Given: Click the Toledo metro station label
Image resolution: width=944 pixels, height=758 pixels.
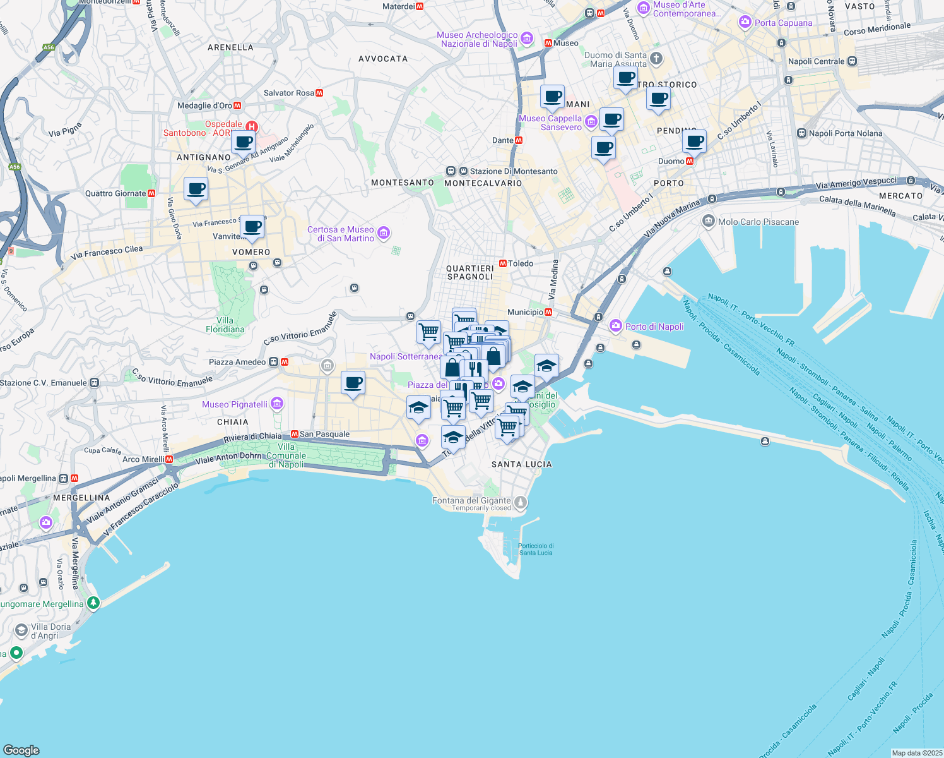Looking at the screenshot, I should [x=521, y=263].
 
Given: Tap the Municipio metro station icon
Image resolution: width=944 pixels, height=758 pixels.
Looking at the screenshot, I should [x=549, y=312].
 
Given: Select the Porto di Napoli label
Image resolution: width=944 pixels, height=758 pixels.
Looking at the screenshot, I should [x=654, y=327].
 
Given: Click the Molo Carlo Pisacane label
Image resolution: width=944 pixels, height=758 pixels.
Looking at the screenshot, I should [x=758, y=222].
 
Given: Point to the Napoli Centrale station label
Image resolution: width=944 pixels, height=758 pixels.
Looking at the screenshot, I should [x=816, y=61].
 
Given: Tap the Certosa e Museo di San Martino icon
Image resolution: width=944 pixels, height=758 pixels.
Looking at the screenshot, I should [x=383, y=234].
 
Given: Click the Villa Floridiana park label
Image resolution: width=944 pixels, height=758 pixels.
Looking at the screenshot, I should [x=225, y=325].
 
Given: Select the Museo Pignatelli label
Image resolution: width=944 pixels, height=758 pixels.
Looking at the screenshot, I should [x=235, y=404].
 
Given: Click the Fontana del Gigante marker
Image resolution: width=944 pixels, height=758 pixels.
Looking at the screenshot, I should [x=521, y=503].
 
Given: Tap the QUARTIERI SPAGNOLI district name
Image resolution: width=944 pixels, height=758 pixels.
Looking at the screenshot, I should [x=470, y=272].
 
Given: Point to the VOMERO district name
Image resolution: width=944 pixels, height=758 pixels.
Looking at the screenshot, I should [x=251, y=252].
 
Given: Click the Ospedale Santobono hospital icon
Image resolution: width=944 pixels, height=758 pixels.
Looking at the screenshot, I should [x=252, y=126].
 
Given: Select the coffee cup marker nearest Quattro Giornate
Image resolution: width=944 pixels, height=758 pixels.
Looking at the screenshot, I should [x=196, y=189].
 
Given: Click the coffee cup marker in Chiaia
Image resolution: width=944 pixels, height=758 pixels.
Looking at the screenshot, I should [x=353, y=383].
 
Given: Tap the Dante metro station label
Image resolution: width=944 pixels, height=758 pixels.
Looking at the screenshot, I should [x=503, y=140].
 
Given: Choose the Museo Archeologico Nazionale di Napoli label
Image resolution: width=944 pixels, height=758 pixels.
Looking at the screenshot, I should [x=477, y=39].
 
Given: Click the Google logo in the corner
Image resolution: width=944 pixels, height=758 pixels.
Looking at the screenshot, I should [x=21, y=750].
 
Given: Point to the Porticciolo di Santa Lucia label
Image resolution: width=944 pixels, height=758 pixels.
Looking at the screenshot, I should [x=536, y=549].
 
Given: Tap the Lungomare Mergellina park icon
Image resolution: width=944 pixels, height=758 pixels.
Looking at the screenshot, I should [x=93, y=603].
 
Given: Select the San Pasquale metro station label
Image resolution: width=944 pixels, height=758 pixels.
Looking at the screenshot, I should [x=324, y=434].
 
